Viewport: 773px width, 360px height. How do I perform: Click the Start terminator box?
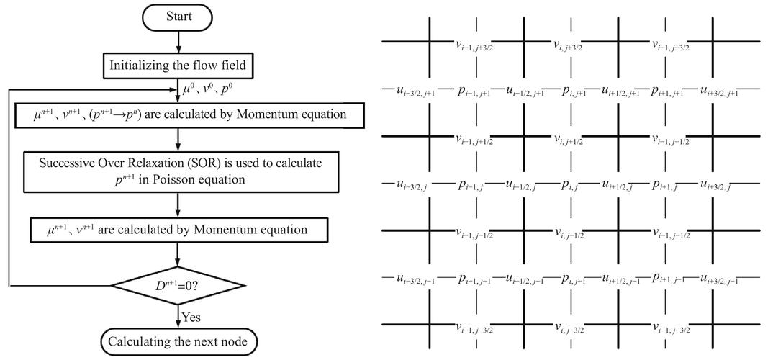[x=177, y=16]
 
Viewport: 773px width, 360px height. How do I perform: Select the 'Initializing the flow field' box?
[x=177, y=66]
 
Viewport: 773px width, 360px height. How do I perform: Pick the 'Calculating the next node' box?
[x=177, y=342]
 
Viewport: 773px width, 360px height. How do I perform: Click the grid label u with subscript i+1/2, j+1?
[x=621, y=91]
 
